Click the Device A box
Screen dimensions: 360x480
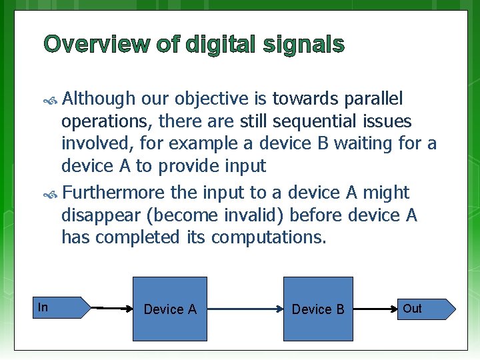pyautogui.click(x=170, y=309)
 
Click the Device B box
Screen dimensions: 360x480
pyautogui.click(x=318, y=309)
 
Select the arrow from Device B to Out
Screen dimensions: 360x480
pyautogui.click(x=374, y=309)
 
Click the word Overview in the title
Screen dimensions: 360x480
pyautogui.click(x=96, y=45)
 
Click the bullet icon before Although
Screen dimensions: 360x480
pyautogui.click(x=51, y=100)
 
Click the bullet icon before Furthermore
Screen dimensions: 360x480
pyautogui.click(x=51, y=193)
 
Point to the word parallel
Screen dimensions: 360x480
pyautogui.click(x=373, y=99)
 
